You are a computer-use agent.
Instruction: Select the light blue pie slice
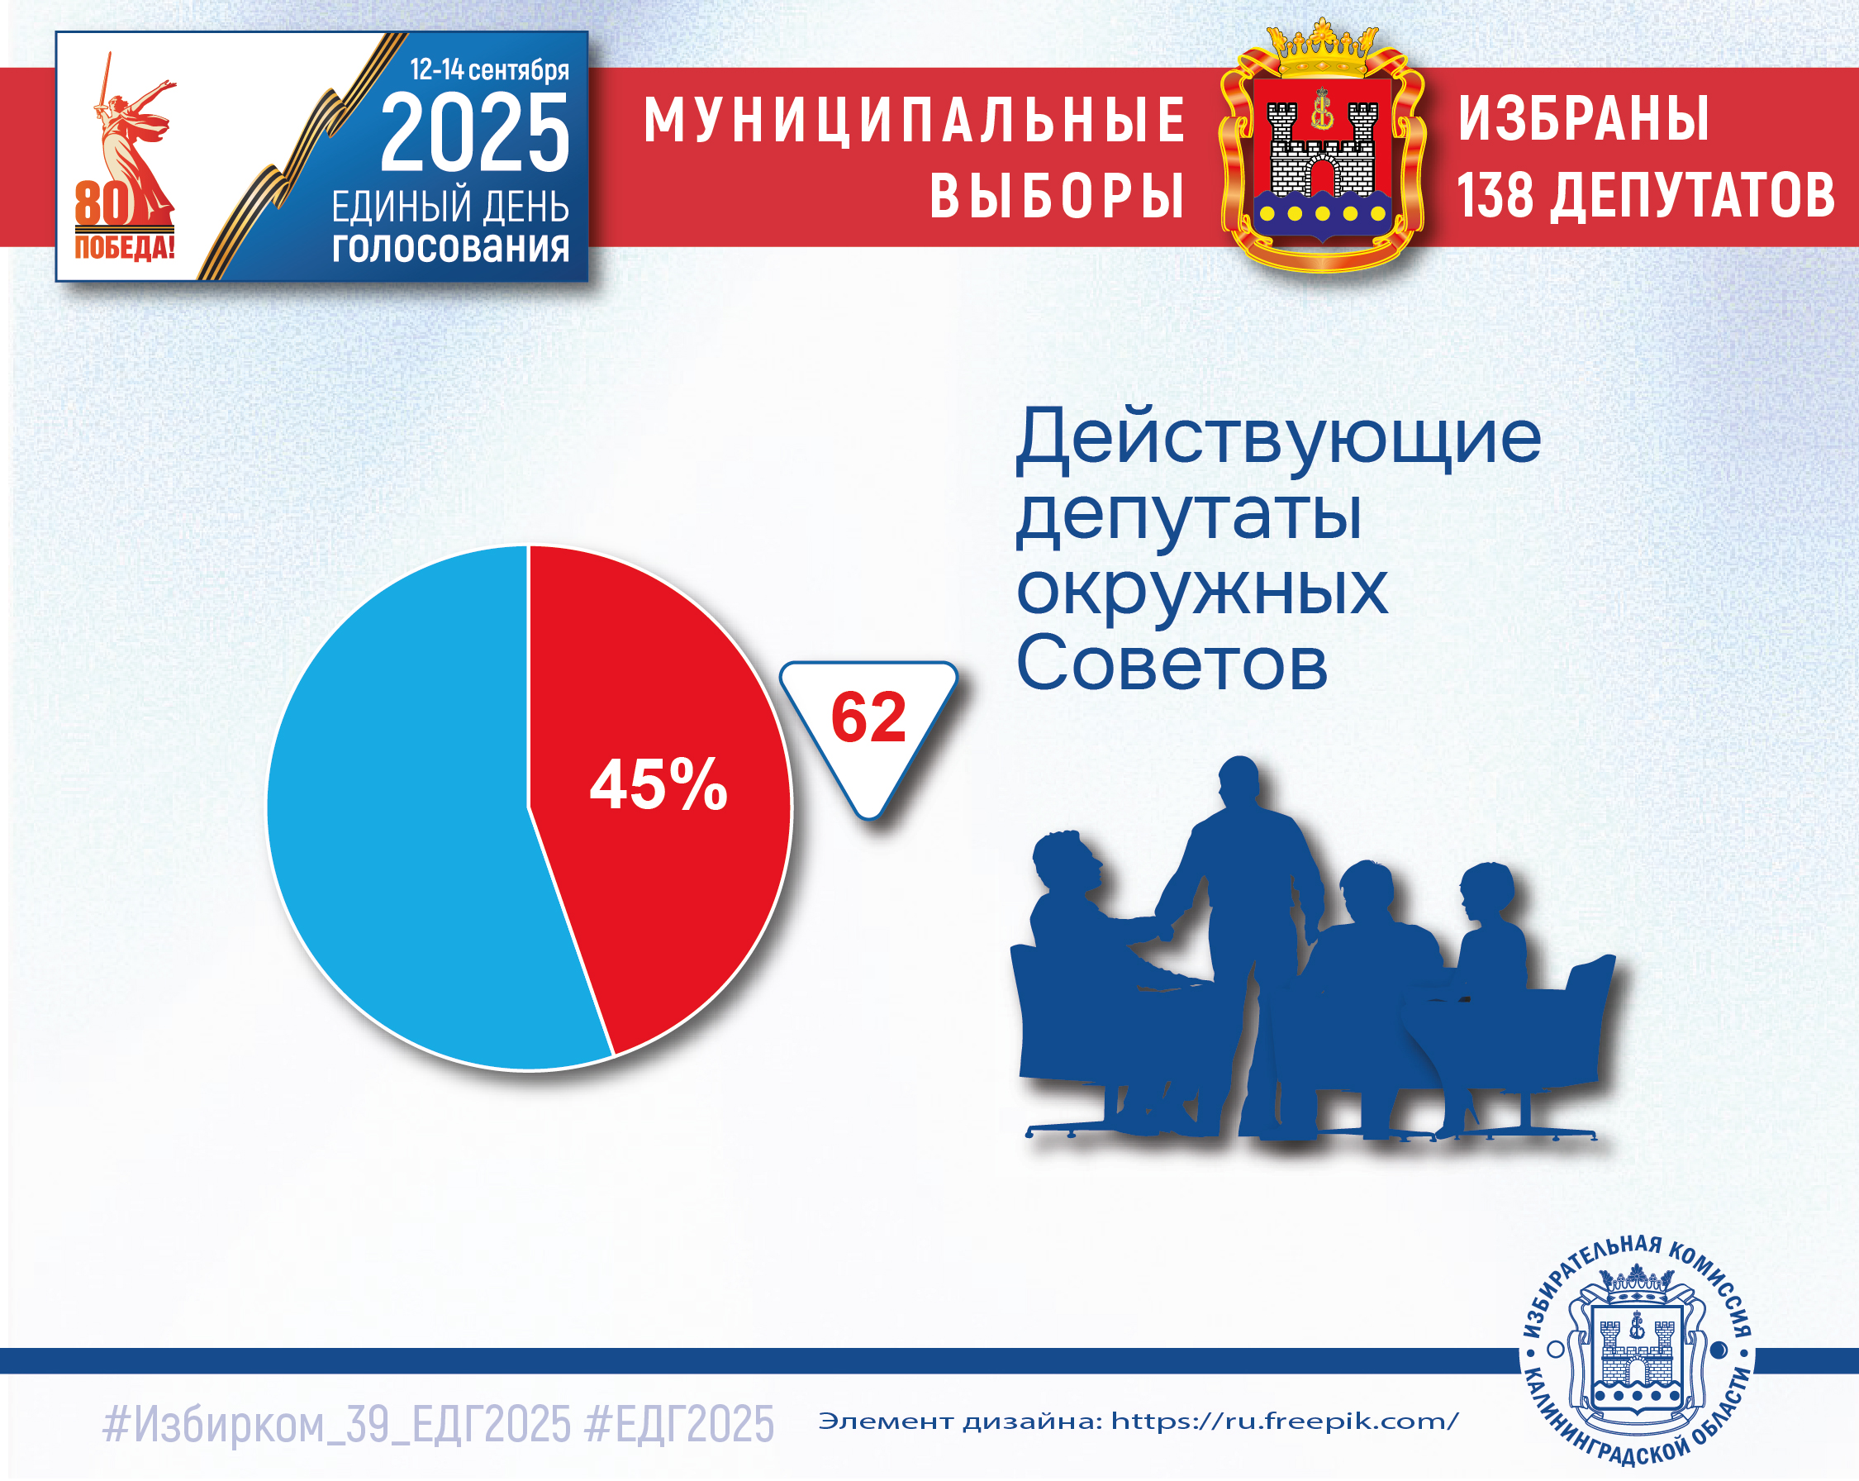405,811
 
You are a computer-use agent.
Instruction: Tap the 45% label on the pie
658,784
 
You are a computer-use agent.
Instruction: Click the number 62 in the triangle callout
868,717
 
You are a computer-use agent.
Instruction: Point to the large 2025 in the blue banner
475,133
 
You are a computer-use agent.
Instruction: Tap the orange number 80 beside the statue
102,204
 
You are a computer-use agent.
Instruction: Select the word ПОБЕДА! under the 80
124,248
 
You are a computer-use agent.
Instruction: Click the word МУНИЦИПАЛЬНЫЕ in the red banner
915,120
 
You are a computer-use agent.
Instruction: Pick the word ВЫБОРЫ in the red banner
1057,195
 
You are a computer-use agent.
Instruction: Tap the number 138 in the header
1496,195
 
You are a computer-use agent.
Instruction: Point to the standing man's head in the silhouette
1240,782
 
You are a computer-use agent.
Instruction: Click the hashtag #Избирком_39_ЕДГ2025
336,1424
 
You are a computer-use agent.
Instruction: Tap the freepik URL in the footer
1285,1421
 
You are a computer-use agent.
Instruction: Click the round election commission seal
1637,1350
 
